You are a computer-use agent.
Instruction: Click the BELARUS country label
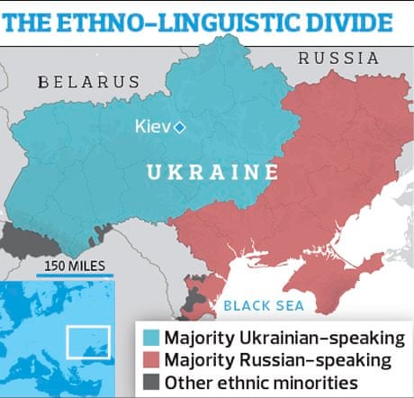pyautogui.click(x=89, y=82)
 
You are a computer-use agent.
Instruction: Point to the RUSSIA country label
pyautogui.click(x=338, y=59)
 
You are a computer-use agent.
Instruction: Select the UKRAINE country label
pyautogui.click(x=211, y=171)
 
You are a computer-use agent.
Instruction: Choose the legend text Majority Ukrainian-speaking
pyautogui.click(x=281, y=339)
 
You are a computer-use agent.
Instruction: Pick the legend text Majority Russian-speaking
pyautogui.click(x=274, y=359)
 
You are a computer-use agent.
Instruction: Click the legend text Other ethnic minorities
pyautogui.click(x=265, y=380)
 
